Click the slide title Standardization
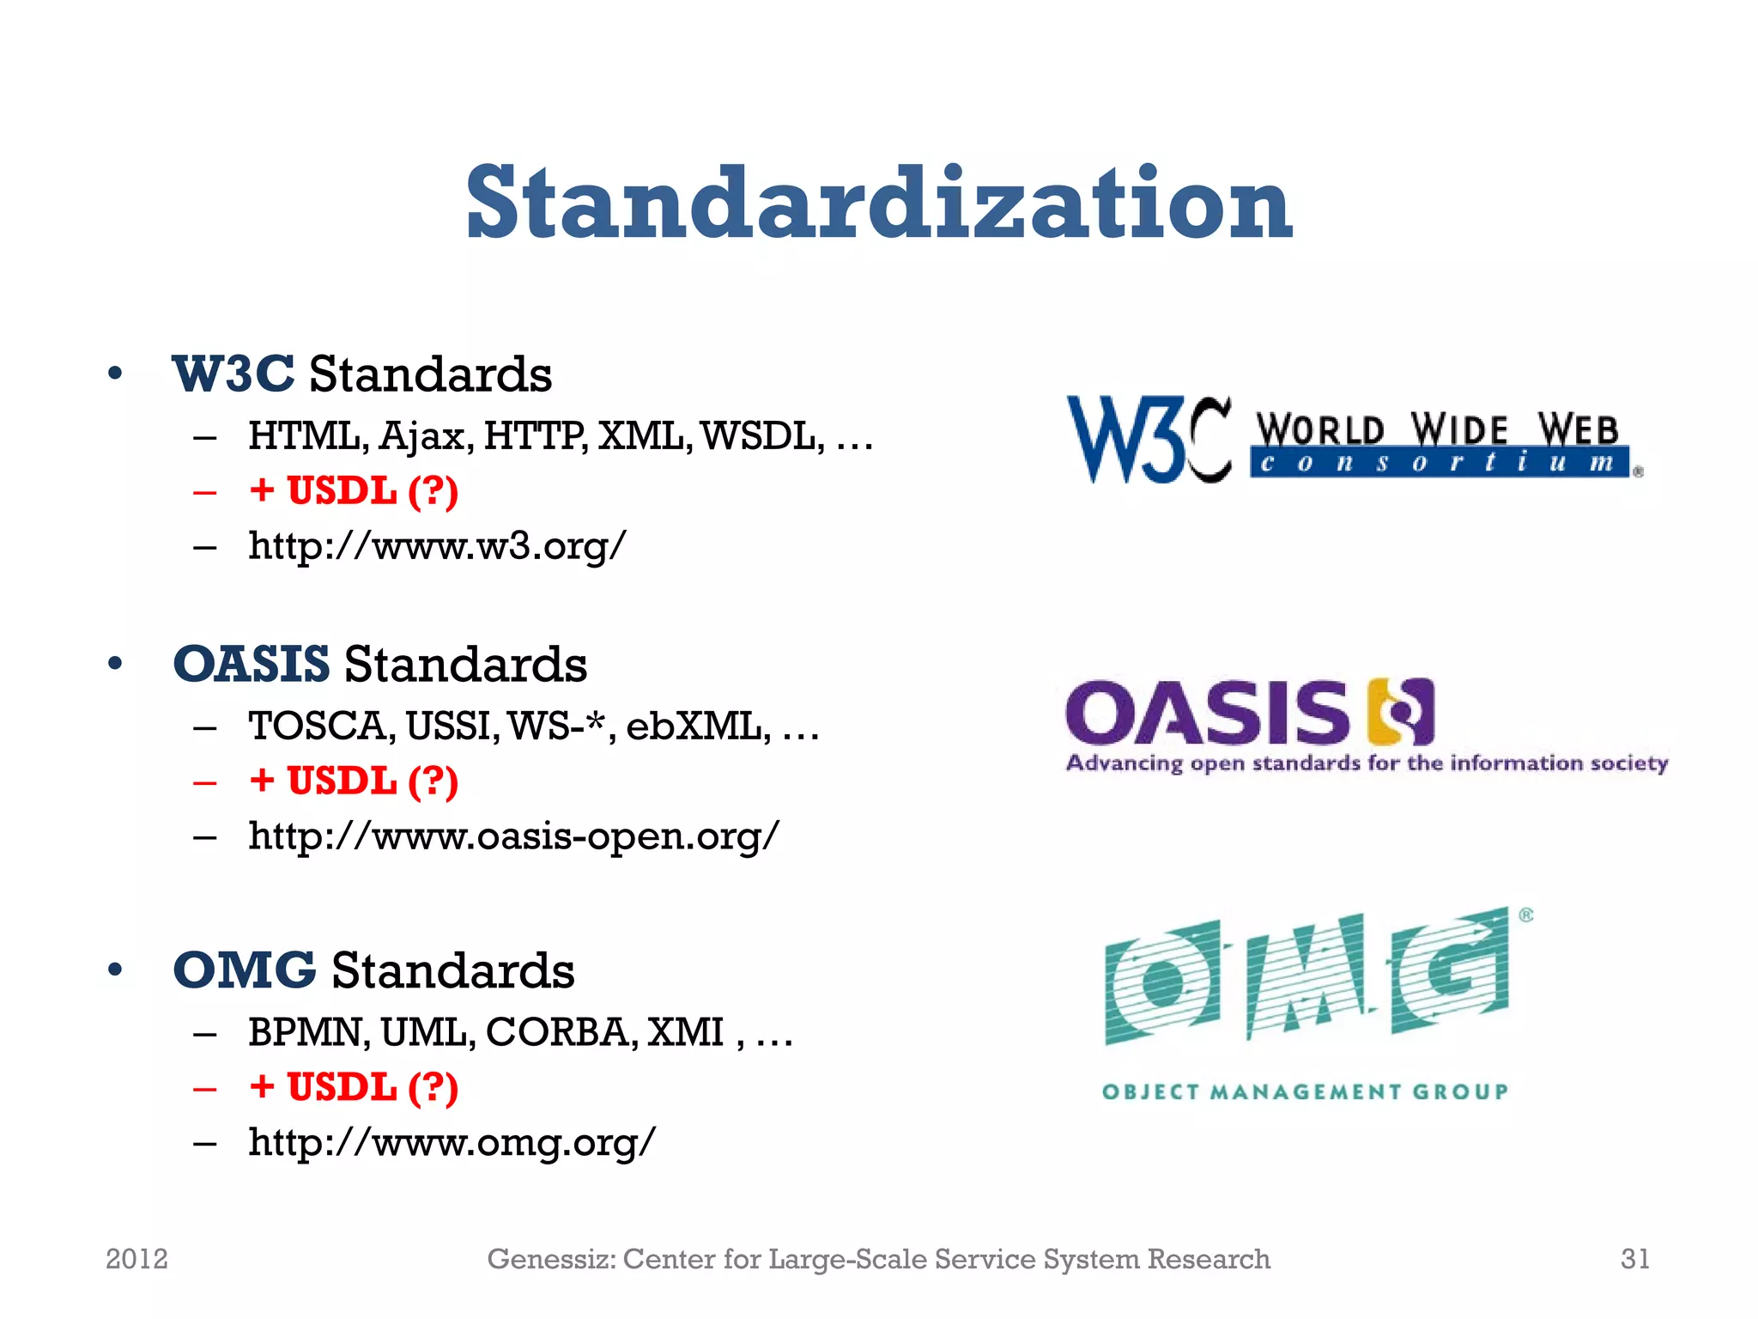click(878, 204)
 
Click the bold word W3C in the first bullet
click(233, 374)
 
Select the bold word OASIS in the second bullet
click(251, 665)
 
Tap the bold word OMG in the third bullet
click(244, 970)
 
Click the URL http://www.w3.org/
click(437, 546)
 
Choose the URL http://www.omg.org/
click(452, 1142)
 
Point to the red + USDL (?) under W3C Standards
click(354, 491)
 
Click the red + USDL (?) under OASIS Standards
click(354, 781)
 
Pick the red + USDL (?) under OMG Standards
click(354, 1087)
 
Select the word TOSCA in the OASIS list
click(321, 726)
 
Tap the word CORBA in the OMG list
click(561, 1032)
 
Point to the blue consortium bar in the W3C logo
click(1439, 464)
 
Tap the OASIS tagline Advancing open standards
click(1367, 763)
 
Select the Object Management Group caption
click(1305, 1092)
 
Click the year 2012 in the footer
click(136, 1259)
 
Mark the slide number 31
click(1634, 1259)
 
